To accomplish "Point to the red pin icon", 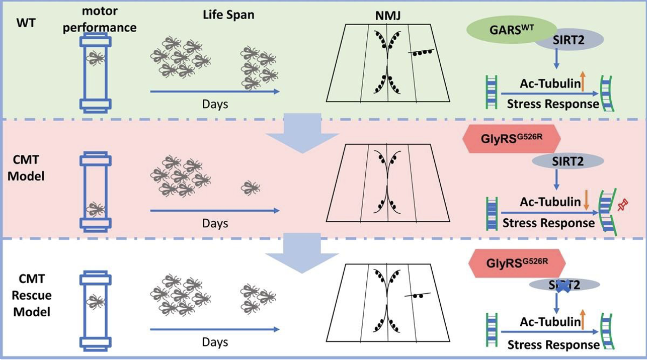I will point(622,205).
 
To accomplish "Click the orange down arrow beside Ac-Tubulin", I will point(586,202).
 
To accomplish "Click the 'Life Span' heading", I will point(225,15).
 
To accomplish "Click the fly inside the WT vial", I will point(95,58).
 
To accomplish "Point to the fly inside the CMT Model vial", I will point(95,208).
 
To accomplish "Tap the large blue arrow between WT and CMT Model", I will point(302,132).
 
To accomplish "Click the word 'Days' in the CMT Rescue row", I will point(215,342).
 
